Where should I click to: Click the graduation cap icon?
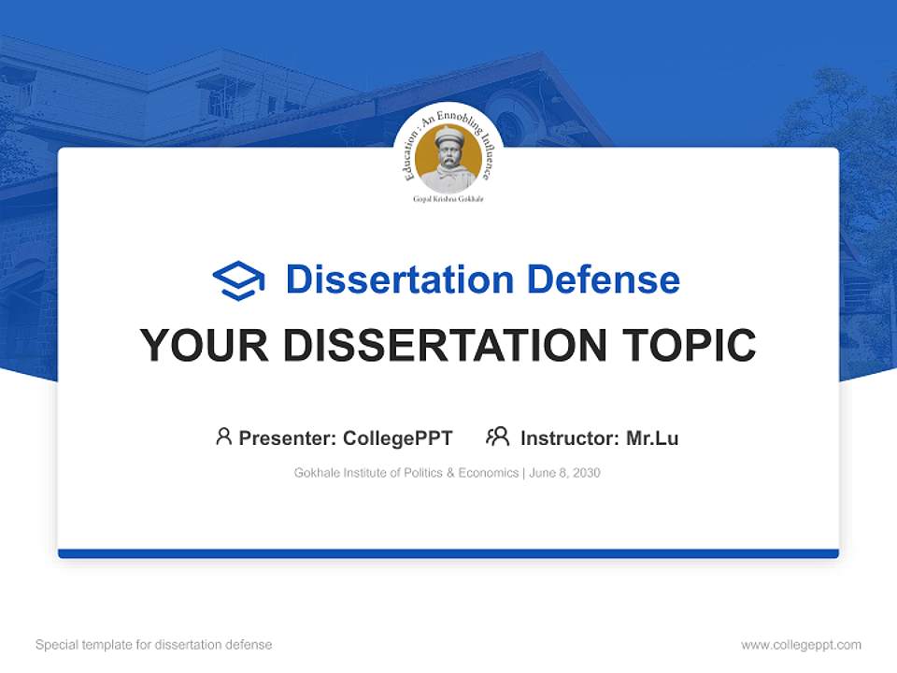tap(238, 280)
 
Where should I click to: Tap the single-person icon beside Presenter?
tap(223, 437)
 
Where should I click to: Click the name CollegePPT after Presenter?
tap(398, 437)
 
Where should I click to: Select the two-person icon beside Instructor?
tap(497, 437)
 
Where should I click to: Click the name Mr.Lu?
tap(652, 437)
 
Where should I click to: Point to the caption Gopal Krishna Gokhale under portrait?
tap(448, 199)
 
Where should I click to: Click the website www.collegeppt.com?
tap(801, 645)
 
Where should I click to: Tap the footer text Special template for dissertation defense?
tap(154, 645)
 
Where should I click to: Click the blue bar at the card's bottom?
tap(448, 553)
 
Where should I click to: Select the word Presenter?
tap(288, 437)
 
